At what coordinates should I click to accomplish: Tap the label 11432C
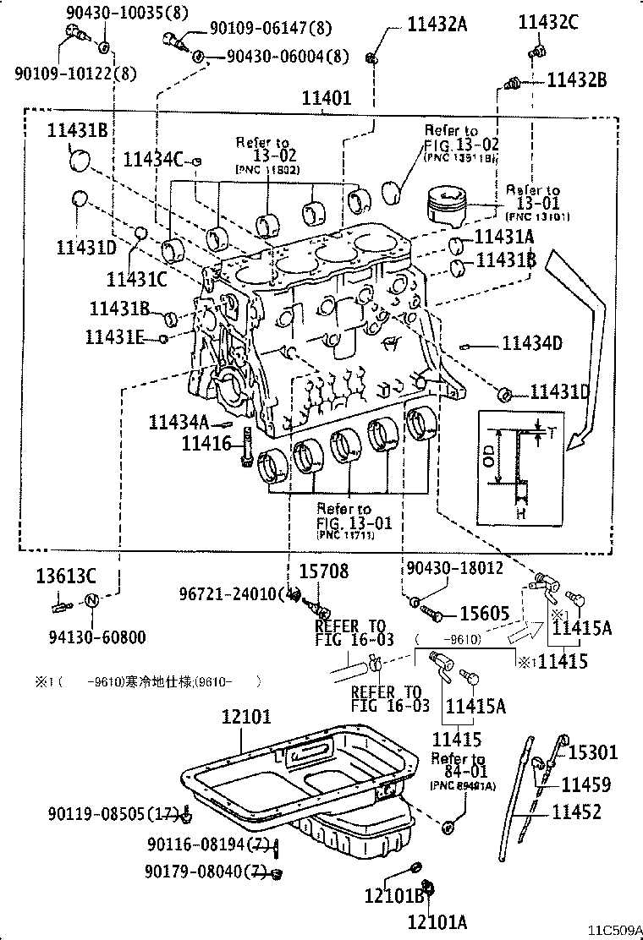point(548,24)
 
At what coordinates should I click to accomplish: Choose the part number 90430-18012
point(454,568)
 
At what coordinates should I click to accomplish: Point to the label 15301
point(592,752)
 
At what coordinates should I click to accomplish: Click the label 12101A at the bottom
point(437,921)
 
